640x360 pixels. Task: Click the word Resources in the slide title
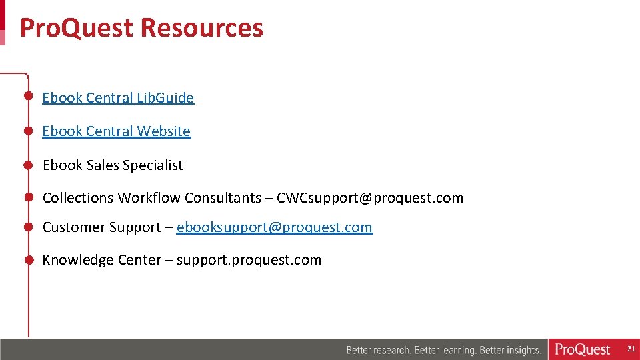point(202,28)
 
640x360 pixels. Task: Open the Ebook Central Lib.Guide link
point(118,98)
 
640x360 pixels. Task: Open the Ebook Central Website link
point(116,131)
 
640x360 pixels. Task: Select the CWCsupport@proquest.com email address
point(370,198)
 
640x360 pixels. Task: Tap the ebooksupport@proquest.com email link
point(275,227)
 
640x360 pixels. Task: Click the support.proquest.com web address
point(249,260)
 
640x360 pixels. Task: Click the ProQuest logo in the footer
point(583,349)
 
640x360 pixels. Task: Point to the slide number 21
point(631,349)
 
